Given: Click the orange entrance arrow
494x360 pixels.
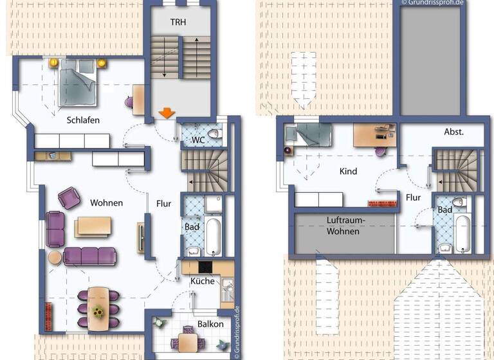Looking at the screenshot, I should pos(166,113).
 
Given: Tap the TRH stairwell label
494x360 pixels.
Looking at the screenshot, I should pos(179,22).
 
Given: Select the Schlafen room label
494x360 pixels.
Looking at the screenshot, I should pos(83,120).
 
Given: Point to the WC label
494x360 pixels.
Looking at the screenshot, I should pos(197,139).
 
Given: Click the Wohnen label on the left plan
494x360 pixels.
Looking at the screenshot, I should pos(106,203).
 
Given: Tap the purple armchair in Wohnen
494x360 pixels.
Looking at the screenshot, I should pos(69,197).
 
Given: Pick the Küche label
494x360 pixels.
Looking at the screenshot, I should pos(203,281).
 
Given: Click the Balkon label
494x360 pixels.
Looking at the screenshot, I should pos(210,324).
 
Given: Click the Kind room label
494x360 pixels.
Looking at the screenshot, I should pos(348,172).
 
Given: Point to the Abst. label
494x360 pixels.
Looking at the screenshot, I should pos(454,131).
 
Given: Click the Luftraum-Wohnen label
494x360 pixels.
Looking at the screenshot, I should pos(345,226).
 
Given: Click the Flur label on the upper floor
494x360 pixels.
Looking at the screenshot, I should pos(413,197).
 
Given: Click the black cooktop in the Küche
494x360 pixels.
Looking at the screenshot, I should pos(205,266).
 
